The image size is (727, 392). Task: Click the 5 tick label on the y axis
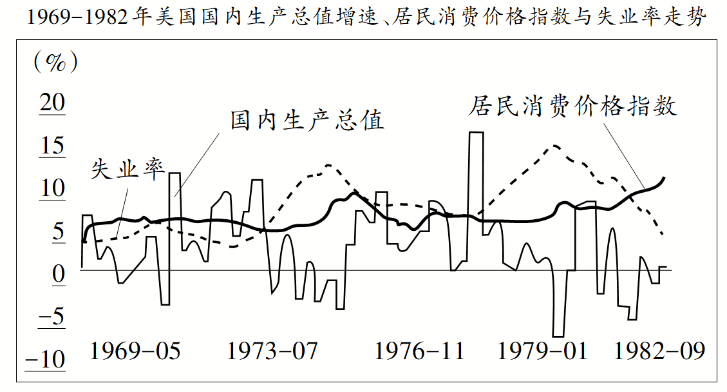click(x=58, y=232)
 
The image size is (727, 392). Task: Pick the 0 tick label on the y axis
click(x=58, y=275)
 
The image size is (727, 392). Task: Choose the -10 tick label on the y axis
click(x=46, y=360)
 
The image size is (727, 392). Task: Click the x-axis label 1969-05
click(x=135, y=351)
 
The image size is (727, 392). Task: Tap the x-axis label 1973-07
click(x=272, y=351)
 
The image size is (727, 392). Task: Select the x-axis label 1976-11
click(x=419, y=351)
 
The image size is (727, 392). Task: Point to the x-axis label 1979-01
click(x=543, y=351)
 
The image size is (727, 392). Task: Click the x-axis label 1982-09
click(x=659, y=351)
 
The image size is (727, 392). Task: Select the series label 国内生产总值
click(x=307, y=121)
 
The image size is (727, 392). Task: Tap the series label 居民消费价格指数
click(x=572, y=106)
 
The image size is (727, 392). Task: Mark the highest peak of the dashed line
click(x=553, y=146)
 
